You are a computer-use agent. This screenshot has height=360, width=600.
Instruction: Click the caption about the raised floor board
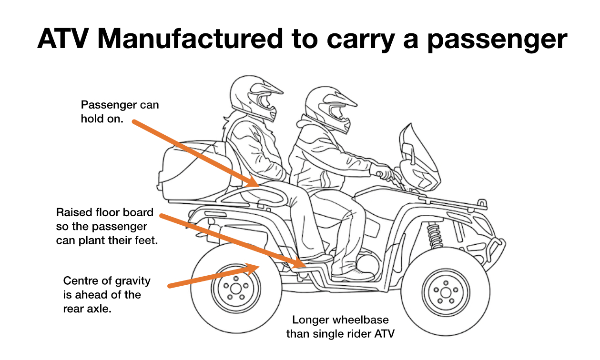pyautogui.click(x=107, y=226)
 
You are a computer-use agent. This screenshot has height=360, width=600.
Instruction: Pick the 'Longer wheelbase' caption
pyautogui.click(x=340, y=327)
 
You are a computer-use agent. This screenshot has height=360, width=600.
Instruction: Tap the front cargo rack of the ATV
pyautogui.click(x=458, y=203)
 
